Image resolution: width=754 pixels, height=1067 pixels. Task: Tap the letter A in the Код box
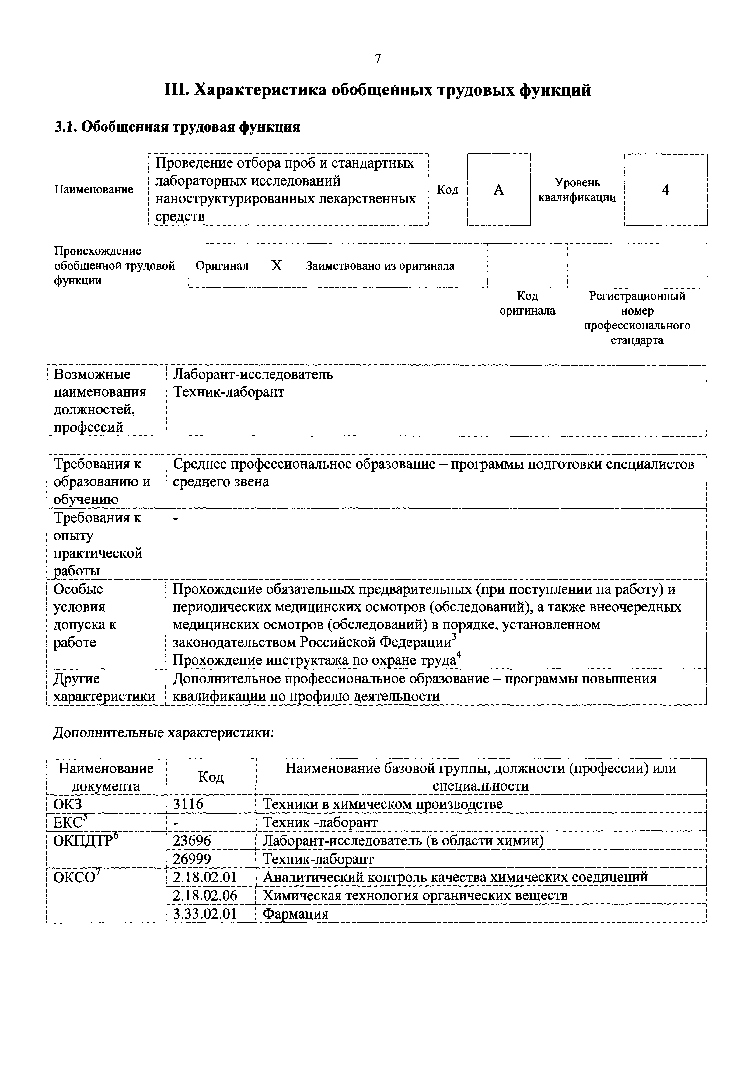click(x=498, y=189)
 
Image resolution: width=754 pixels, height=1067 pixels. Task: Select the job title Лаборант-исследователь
click(x=253, y=374)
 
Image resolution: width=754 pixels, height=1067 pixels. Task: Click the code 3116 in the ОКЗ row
click(x=188, y=804)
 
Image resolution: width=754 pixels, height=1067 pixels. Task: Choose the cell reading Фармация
click(x=296, y=914)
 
